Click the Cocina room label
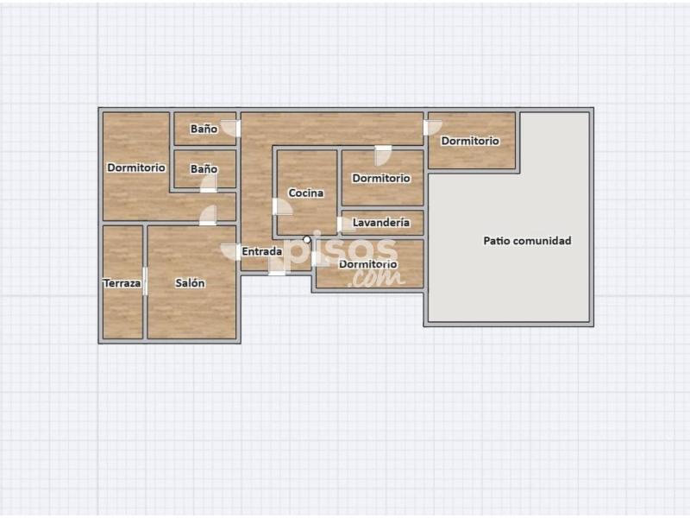point(306,193)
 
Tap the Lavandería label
point(381,223)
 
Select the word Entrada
point(262,251)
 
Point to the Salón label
point(190,283)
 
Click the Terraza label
point(122,283)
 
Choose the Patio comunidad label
point(527,241)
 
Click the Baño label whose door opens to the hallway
point(204,129)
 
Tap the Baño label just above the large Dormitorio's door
point(204,169)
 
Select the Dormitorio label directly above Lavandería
point(381,179)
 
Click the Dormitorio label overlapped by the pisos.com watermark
point(368,264)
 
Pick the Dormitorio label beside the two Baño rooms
point(136,167)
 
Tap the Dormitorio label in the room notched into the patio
point(470,141)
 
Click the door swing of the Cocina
point(282,206)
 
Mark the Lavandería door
point(345,224)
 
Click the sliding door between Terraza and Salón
point(145,281)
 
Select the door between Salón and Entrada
point(230,252)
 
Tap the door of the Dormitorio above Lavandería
point(383,155)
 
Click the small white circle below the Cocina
point(307,240)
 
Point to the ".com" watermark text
point(377,278)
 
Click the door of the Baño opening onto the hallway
point(230,128)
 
